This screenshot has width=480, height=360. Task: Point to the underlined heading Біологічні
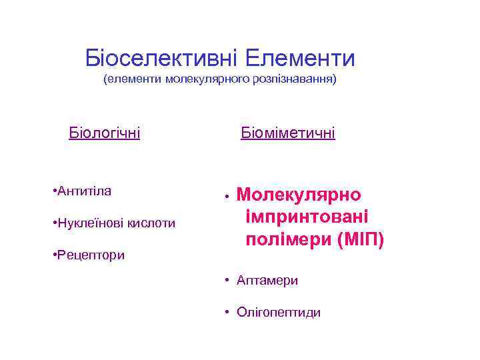pyautogui.click(x=105, y=133)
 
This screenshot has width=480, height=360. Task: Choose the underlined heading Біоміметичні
pyautogui.click(x=288, y=133)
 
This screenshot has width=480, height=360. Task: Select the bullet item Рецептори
pyautogui.click(x=89, y=255)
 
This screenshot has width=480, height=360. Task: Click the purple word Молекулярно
pyautogui.click(x=299, y=195)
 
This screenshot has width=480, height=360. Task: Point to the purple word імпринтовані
pyautogui.click(x=307, y=217)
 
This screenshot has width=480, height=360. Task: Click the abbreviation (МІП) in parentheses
pyautogui.click(x=360, y=240)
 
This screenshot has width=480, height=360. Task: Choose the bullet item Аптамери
pyautogui.click(x=267, y=281)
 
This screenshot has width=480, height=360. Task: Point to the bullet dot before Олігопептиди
pyautogui.click(x=227, y=312)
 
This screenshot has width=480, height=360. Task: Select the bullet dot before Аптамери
pyautogui.click(x=227, y=281)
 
